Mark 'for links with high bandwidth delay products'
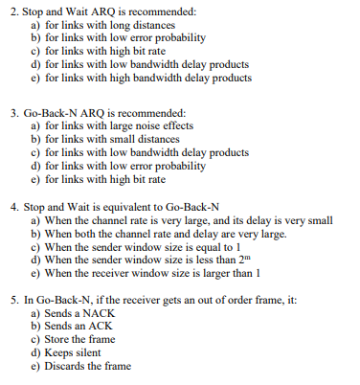pos(140,77)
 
